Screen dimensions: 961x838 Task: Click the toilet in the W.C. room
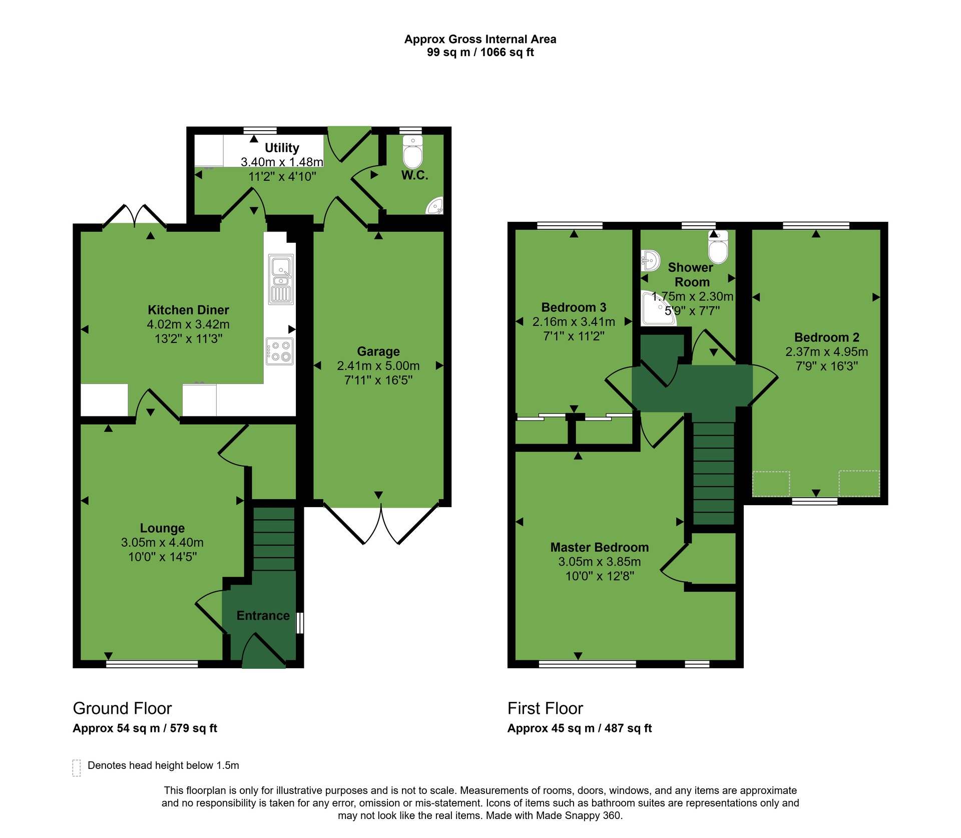[413, 152]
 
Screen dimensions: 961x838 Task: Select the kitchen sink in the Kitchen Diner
[281, 279]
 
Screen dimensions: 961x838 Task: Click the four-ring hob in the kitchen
[280, 351]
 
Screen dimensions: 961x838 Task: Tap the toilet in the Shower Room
[718, 246]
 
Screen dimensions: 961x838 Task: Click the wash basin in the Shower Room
[649, 260]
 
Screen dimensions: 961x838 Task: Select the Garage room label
[378, 351]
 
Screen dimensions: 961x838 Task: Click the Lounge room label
[162, 528]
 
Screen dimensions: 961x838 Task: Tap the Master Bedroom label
[600, 547]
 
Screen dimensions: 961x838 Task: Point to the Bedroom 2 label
[827, 337]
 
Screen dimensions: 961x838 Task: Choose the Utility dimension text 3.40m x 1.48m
[282, 162]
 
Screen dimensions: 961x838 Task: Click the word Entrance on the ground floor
[263, 616]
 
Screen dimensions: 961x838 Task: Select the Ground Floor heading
[122, 708]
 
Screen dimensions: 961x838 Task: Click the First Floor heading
[545, 708]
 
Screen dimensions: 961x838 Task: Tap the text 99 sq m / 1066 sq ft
[480, 53]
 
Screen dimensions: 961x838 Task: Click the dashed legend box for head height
[77, 767]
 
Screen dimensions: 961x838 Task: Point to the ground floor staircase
[274, 539]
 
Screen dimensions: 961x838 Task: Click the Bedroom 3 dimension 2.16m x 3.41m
[574, 322]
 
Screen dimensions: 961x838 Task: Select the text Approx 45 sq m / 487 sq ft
[580, 728]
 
